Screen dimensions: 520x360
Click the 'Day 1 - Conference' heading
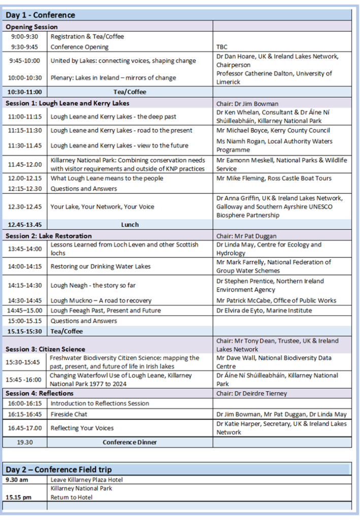[x=40, y=15]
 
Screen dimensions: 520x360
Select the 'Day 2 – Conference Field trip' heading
[x=58, y=469]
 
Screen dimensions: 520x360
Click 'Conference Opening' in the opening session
[x=79, y=47]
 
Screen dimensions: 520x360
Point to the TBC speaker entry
[x=222, y=47]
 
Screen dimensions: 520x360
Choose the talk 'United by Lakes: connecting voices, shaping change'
[x=123, y=61]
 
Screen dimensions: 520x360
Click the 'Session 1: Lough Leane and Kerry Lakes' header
[x=68, y=103]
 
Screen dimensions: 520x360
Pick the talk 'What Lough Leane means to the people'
[x=107, y=178]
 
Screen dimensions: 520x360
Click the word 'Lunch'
[x=130, y=224]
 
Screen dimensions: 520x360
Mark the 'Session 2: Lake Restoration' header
[x=49, y=236]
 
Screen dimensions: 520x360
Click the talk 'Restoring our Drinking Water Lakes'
[x=101, y=266]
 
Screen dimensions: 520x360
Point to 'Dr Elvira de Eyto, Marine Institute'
[x=264, y=310]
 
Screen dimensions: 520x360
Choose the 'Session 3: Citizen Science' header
[x=46, y=349]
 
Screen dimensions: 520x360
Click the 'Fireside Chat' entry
[x=69, y=414]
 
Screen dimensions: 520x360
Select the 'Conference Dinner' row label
[x=130, y=442]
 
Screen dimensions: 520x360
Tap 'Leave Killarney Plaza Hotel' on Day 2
[x=86, y=479]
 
